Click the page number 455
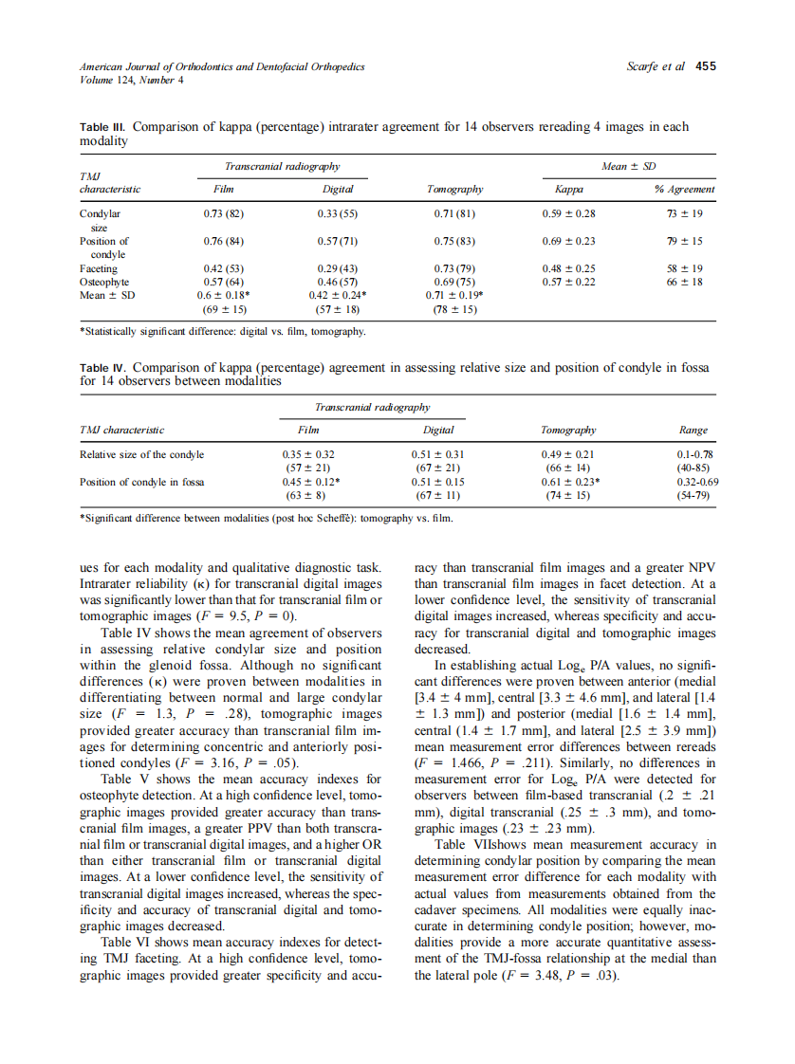[705, 66]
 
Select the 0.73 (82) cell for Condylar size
[225, 214]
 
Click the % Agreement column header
[684, 190]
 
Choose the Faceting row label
[99, 268]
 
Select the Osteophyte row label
[104, 282]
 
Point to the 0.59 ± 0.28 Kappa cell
[568, 214]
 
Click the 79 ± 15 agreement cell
[684, 241]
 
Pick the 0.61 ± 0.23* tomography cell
[568, 482]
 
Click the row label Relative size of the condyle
[142, 454]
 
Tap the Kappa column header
[568, 190]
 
